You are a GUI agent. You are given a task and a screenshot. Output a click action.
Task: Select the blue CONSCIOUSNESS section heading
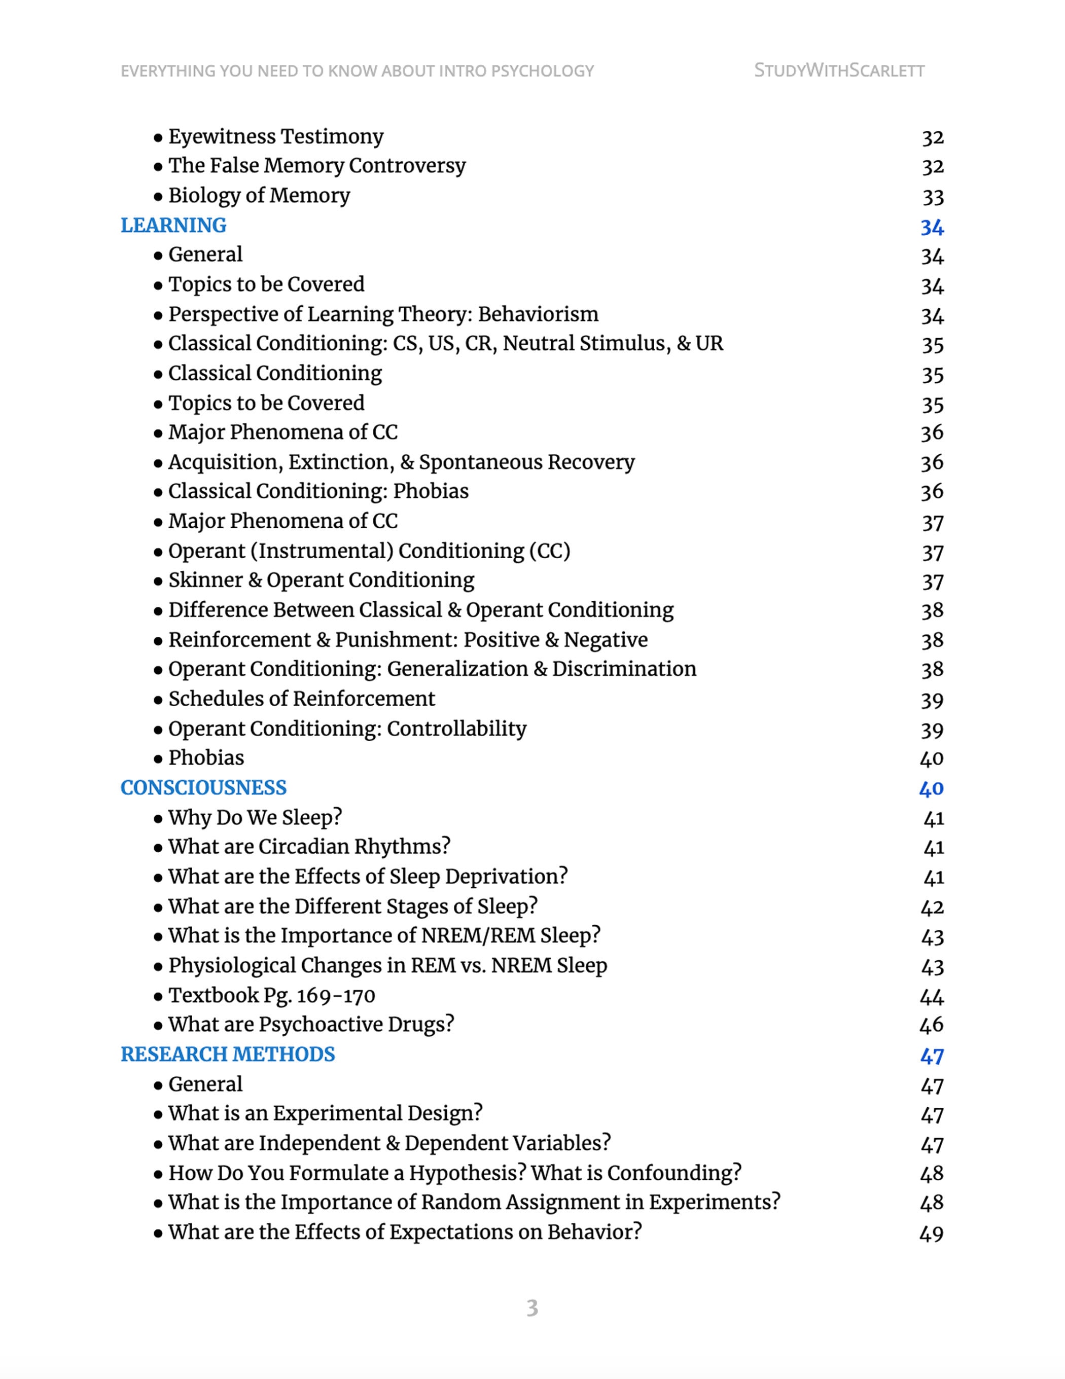pos(203,787)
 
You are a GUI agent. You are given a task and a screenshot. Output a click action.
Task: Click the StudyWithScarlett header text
pos(839,70)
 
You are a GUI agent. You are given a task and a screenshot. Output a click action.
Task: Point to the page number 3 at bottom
pos(532,1308)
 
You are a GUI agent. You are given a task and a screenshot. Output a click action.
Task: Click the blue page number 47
pos(932,1055)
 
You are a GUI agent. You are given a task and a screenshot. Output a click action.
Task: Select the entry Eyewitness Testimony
pos(275,136)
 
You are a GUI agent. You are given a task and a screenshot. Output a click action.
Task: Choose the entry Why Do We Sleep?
pos(255,817)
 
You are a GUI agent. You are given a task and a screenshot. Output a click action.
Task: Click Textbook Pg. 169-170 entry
pos(272,995)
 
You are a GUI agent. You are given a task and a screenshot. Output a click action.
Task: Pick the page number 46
pos(931,1025)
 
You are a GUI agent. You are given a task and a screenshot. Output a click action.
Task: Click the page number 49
pos(931,1233)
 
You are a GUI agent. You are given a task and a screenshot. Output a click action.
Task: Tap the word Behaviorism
pos(538,314)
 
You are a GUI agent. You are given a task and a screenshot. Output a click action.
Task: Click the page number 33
pos(932,197)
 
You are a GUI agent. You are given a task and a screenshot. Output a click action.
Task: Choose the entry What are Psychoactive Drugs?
pos(311,1024)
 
